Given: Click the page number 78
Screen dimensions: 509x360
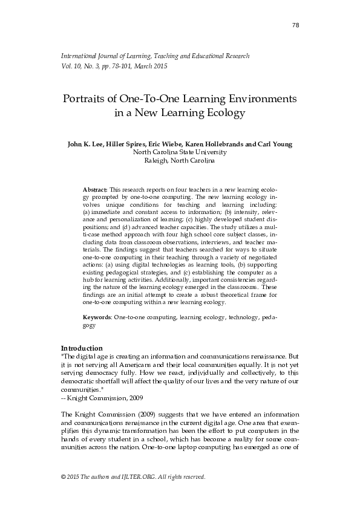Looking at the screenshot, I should coord(295,25).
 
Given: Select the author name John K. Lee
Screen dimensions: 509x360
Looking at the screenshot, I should coord(87,144).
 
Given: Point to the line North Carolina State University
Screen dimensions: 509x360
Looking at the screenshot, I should coord(180,152).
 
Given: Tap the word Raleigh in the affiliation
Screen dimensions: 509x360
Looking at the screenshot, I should coord(156,161).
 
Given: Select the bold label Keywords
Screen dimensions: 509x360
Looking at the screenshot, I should coord(97,317).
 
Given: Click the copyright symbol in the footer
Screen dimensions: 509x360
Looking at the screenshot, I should coord(64,477).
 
